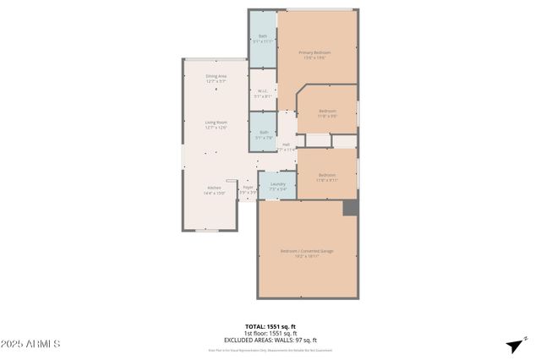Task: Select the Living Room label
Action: pos(216,124)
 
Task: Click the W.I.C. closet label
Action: pos(262,93)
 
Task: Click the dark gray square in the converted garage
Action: pos(350,207)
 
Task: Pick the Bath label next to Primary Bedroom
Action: pos(262,38)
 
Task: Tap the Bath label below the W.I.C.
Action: pos(263,134)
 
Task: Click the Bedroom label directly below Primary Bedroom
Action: pos(328,113)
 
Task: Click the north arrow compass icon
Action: pos(513,345)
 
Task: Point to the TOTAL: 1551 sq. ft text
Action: pos(270,326)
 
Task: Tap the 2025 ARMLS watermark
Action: pos(30,344)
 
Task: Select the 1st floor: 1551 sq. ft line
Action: pos(270,333)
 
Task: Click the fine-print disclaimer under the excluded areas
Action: pos(270,350)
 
